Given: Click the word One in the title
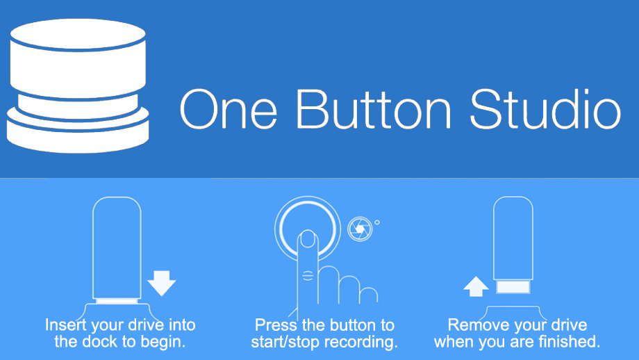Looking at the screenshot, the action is point(229,109).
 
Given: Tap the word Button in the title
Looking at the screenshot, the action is point(374,109).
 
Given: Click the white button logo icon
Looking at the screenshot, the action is point(77,85).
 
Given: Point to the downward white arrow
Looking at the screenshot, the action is point(162,283).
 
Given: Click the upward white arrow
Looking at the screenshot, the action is point(476,286).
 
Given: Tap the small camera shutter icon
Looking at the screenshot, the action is point(360,229).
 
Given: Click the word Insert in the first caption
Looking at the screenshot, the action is point(66,325).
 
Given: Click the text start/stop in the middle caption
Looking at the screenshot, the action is point(285,342).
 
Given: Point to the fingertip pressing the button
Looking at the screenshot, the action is point(308,239).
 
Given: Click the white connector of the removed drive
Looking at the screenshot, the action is point(513,286).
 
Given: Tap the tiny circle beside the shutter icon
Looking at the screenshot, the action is point(377,222).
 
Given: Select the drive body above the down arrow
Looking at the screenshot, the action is point(117,248).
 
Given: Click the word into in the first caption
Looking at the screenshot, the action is point(182,325).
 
